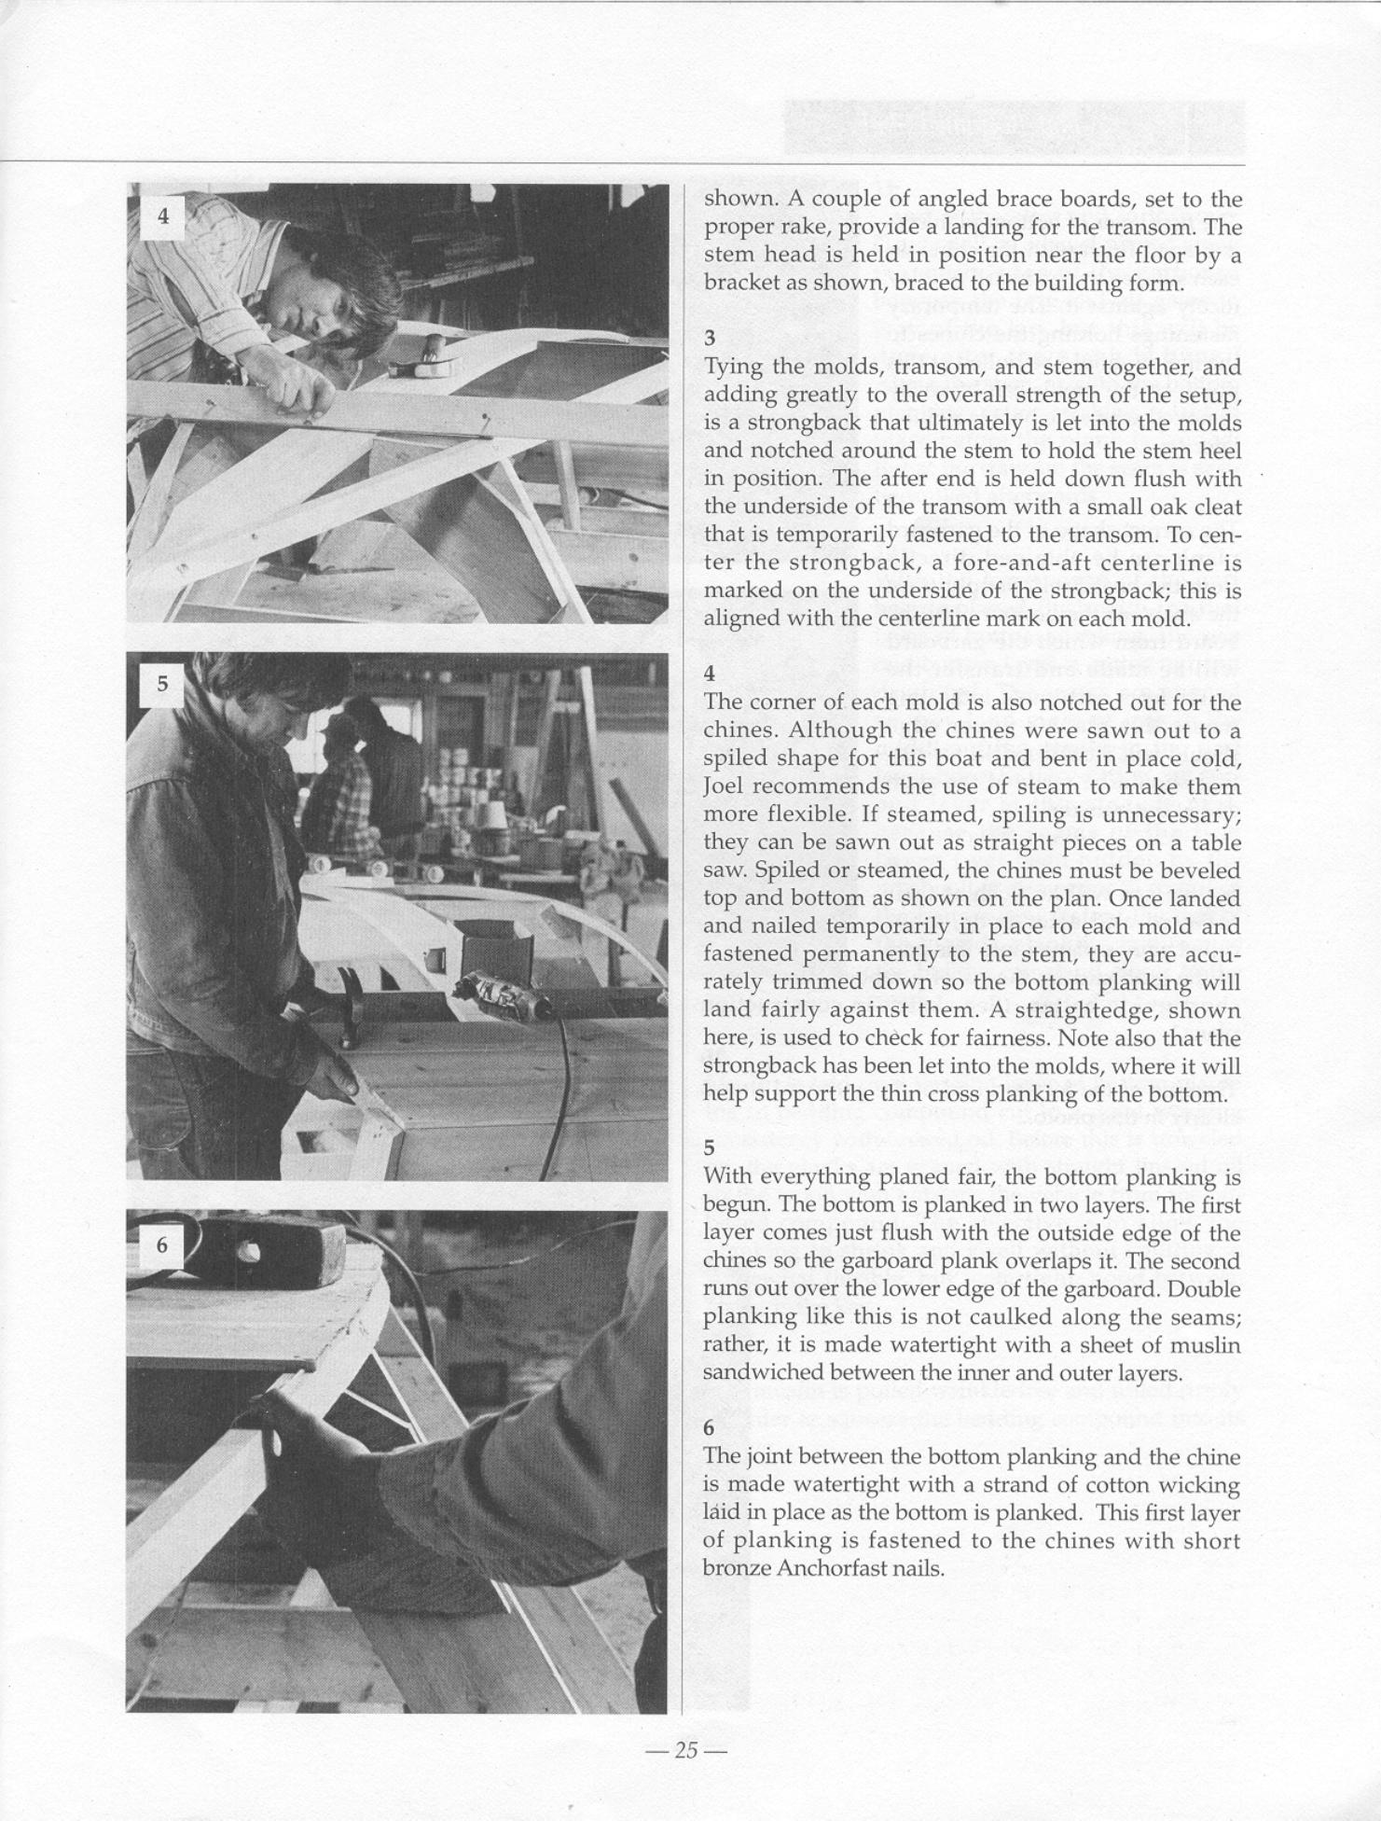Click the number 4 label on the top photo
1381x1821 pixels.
coord(164,216)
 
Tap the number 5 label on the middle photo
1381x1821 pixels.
coord(163,684)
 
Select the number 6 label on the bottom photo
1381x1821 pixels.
coord(162,1244)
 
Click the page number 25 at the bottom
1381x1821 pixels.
coord(685,1749)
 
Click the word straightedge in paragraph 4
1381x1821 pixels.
coord(1100,1010)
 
